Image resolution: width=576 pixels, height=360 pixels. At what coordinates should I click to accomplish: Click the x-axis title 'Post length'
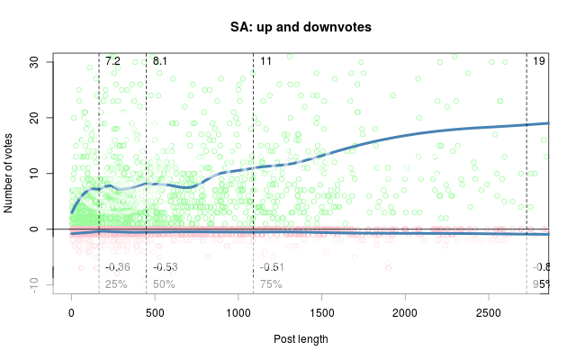301,339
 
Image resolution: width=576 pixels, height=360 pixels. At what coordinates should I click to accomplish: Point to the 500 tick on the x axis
155,312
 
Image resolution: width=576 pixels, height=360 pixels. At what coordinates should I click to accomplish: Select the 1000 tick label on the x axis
238,312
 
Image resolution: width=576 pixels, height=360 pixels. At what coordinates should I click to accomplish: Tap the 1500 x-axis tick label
321,312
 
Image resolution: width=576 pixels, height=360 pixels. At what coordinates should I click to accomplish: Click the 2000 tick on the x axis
405,312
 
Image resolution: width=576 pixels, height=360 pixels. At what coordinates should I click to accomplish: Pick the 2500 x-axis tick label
489,312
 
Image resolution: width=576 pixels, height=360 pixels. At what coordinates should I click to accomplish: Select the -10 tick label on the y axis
32,283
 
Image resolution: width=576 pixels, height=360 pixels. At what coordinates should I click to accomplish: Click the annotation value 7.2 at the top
112,61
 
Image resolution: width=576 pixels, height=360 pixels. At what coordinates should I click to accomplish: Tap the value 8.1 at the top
160,61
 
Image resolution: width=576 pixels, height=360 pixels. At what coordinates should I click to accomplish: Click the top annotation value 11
266,61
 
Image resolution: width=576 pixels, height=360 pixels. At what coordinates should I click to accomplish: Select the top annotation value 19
539,61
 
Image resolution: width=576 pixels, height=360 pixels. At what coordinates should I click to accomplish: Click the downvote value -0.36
118,267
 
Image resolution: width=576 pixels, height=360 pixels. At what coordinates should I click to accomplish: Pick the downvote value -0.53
166,267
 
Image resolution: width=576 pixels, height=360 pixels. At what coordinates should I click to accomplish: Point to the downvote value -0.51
272,267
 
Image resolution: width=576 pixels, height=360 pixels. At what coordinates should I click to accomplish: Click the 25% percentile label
116,284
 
